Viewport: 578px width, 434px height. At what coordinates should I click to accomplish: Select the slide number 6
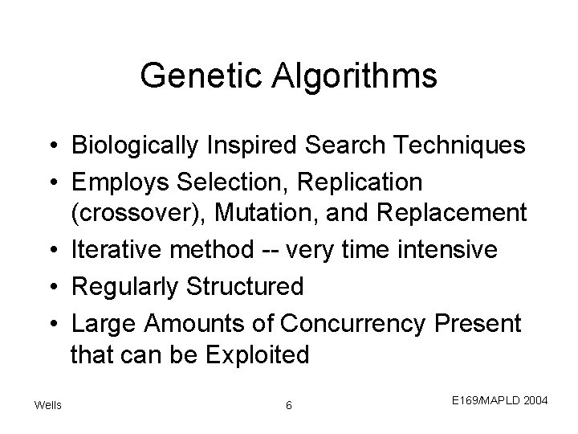point(289,404)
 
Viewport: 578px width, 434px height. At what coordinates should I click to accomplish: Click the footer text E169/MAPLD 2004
point(499,398)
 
